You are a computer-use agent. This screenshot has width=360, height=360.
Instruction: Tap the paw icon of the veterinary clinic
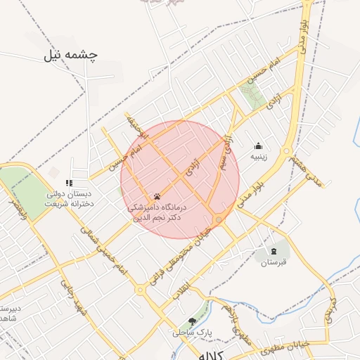157,196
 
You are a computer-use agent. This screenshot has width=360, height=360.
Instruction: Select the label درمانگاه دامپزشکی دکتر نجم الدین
157,213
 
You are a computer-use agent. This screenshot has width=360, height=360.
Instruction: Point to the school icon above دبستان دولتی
69,183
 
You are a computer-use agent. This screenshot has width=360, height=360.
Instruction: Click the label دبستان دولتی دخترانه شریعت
70,199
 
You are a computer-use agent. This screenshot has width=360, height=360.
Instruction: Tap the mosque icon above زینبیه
259,146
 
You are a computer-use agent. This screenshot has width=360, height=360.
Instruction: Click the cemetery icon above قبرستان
274,251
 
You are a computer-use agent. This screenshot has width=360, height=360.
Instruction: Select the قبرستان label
274,263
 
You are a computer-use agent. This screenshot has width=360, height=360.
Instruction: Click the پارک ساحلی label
190,333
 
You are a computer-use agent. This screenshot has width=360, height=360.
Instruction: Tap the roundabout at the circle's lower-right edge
219,220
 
